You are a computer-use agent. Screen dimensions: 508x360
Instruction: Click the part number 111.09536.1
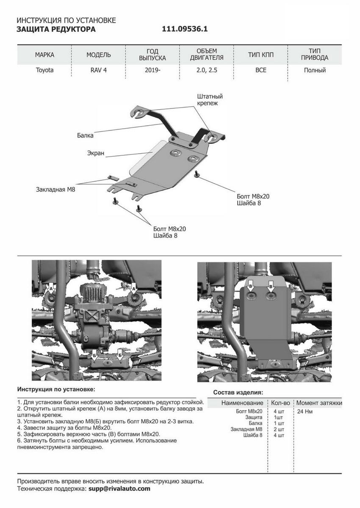tap(185, 30)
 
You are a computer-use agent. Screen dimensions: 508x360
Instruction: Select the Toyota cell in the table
tap(44, 70)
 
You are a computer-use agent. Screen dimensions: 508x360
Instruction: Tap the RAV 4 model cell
tap(99, 70)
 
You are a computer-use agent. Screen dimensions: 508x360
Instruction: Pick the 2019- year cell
tap(152, 70)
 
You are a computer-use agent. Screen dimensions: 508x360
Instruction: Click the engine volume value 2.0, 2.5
tap(207, 70)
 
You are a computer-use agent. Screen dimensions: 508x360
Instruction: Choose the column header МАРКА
tap(44, 55)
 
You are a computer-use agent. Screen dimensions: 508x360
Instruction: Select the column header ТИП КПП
tap(261, 55)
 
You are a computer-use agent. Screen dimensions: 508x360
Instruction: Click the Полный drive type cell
tap(315, 70)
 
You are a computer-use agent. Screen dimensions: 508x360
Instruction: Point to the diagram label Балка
tap(85, 136)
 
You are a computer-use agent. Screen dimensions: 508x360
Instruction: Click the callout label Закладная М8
tap(55, 190)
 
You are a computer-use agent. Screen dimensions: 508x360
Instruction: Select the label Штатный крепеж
tap(210, 99)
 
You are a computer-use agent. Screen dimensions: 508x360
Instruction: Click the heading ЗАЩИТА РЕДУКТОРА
tap(56, 30)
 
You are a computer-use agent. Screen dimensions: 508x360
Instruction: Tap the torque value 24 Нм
tap(305, 411)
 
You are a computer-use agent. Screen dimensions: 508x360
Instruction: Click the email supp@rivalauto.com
tap(119, 488)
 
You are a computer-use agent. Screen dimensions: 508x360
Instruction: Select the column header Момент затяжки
tap(319, 403)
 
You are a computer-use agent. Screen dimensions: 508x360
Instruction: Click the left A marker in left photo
tap(51, 288)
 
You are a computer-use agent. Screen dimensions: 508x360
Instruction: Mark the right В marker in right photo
tap(271, 287)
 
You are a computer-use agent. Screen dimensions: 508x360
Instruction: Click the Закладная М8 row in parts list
tap(246, 429)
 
